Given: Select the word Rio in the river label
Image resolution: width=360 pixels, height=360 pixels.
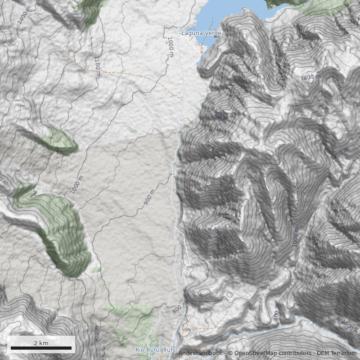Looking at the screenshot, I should [140, 350].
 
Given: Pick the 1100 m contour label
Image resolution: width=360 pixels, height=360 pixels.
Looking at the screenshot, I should [97, 66].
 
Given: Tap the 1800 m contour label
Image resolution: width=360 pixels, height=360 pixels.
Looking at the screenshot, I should [310, 77].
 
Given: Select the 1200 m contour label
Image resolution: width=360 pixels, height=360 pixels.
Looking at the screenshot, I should [339, 153].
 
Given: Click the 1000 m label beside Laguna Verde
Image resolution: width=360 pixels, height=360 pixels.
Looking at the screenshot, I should [170, 47].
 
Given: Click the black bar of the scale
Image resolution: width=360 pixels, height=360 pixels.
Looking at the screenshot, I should [41, 348].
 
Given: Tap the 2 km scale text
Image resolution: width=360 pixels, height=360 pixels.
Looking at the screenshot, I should [41, 343].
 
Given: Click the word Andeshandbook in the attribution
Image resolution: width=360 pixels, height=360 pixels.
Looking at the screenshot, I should [200, 353].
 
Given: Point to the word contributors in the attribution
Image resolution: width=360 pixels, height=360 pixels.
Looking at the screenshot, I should [295, 353].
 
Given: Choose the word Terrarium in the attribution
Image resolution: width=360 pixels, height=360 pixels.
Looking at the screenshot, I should [343, 353].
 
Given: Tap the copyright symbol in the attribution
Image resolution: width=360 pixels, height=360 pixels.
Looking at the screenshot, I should [230, 353].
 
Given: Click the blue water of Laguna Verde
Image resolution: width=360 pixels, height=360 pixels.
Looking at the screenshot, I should [234, 16].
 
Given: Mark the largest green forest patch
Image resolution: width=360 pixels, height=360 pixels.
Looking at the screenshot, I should [63, 234].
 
